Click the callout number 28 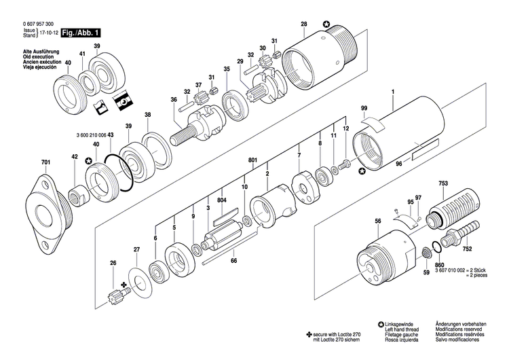303,24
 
